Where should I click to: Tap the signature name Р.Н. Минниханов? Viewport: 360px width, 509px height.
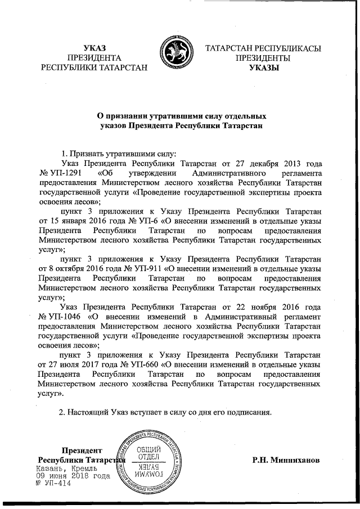coord(287,460)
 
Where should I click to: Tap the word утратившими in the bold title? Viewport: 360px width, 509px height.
coord(162,116)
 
